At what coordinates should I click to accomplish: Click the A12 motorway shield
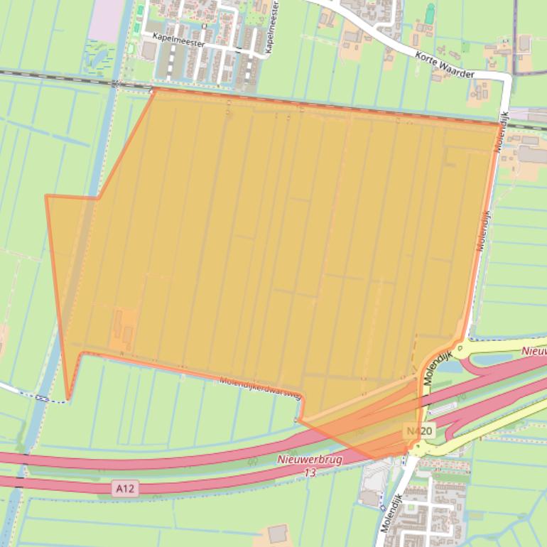(x=125, y=488)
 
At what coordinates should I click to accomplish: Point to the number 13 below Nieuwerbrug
(x=310, y=472)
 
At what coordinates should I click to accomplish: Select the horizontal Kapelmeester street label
(x=178, y=43)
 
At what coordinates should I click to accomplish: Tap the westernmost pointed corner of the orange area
(x=46, y=195)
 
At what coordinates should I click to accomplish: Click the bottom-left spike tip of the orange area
(x=68, y=399)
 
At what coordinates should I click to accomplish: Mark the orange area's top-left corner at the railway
(x=153, y=90)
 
